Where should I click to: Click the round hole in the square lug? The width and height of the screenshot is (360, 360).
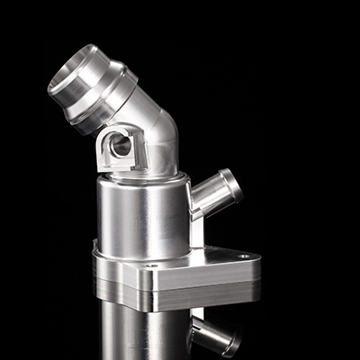119,143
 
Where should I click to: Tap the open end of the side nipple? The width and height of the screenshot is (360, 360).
231,184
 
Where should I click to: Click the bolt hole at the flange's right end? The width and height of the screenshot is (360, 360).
243,256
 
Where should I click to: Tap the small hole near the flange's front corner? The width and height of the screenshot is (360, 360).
151,266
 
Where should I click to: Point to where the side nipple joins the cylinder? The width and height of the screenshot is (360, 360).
193,202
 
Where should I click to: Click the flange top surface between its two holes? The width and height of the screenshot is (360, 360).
198,263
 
